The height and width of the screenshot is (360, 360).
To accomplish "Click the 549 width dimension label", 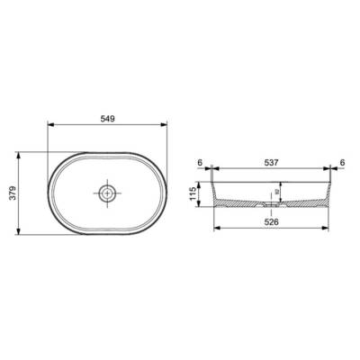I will tap(107, 119).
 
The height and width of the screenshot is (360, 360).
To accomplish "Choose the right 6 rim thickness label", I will tap(343, 163).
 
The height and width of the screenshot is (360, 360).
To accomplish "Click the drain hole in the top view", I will tap(107, 193).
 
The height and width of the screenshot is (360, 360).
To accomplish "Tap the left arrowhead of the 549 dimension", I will tap(49, 127).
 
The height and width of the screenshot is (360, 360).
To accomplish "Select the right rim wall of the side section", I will tap(333, 191).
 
